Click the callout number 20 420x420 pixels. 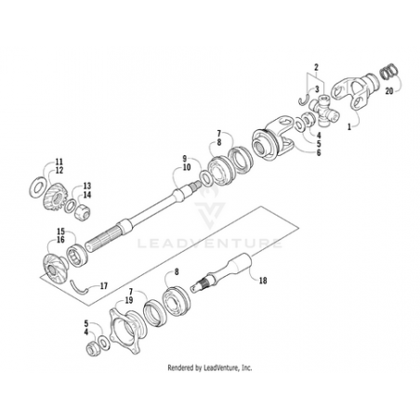(x=389, y=91)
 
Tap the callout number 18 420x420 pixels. (x=263, y=281)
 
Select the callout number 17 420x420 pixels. (x=104, y=286)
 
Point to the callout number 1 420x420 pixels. (x=349, y=126)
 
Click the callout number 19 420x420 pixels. (x=129, y=300)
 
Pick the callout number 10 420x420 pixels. (x=187, y=167)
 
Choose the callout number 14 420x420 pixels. (x=87, y=195)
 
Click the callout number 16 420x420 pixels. (x=60, y=240)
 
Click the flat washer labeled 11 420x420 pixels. (x=37, y=187)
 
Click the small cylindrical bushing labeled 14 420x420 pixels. (x=83, y=212)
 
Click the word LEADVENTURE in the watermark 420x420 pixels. (x=210, y=243)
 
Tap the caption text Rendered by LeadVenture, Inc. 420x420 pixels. (x=210, y=368)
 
